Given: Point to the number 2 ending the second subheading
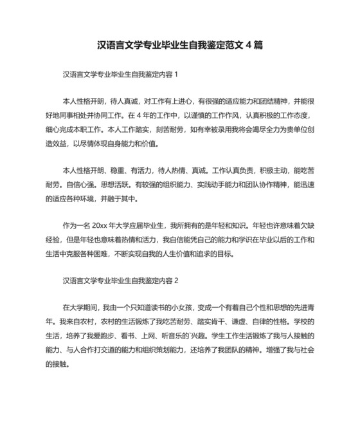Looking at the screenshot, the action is (x=175, y=281).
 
